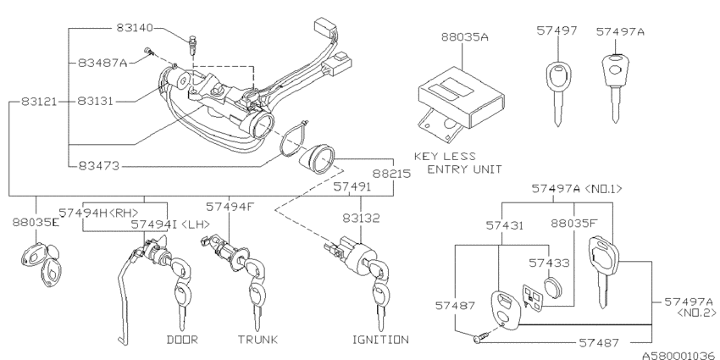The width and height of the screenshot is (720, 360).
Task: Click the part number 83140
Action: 136,28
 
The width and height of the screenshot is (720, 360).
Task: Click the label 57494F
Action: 230,205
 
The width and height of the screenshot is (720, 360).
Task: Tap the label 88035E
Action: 36,226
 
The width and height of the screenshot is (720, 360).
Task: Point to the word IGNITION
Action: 379,340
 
